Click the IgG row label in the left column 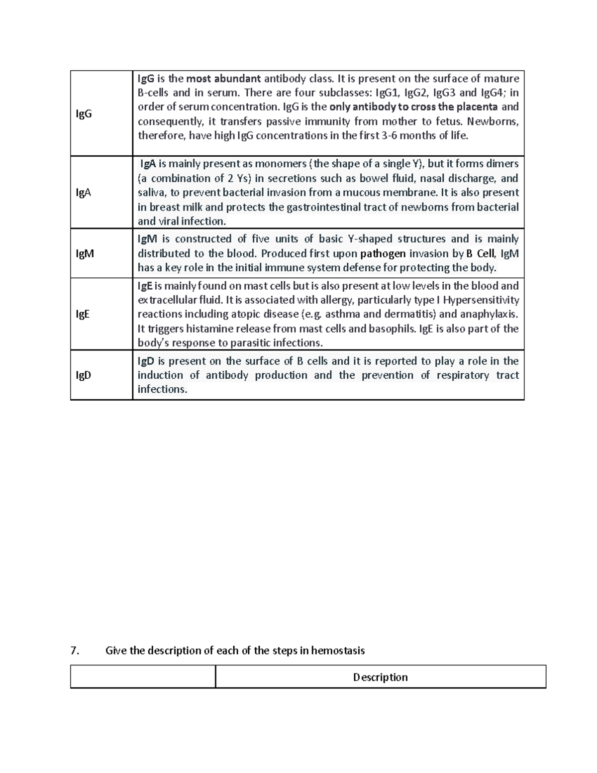(84, 114)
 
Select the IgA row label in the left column (83, 193)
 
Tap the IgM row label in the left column (85, 253)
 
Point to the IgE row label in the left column (83, 314)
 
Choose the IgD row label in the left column (83, 375)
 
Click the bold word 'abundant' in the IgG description (237, 79)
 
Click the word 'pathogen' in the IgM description (383, 254)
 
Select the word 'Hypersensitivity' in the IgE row (481, 300)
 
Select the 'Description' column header (380, 677)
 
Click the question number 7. (75, 651)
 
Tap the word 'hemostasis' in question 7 (338, 651)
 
